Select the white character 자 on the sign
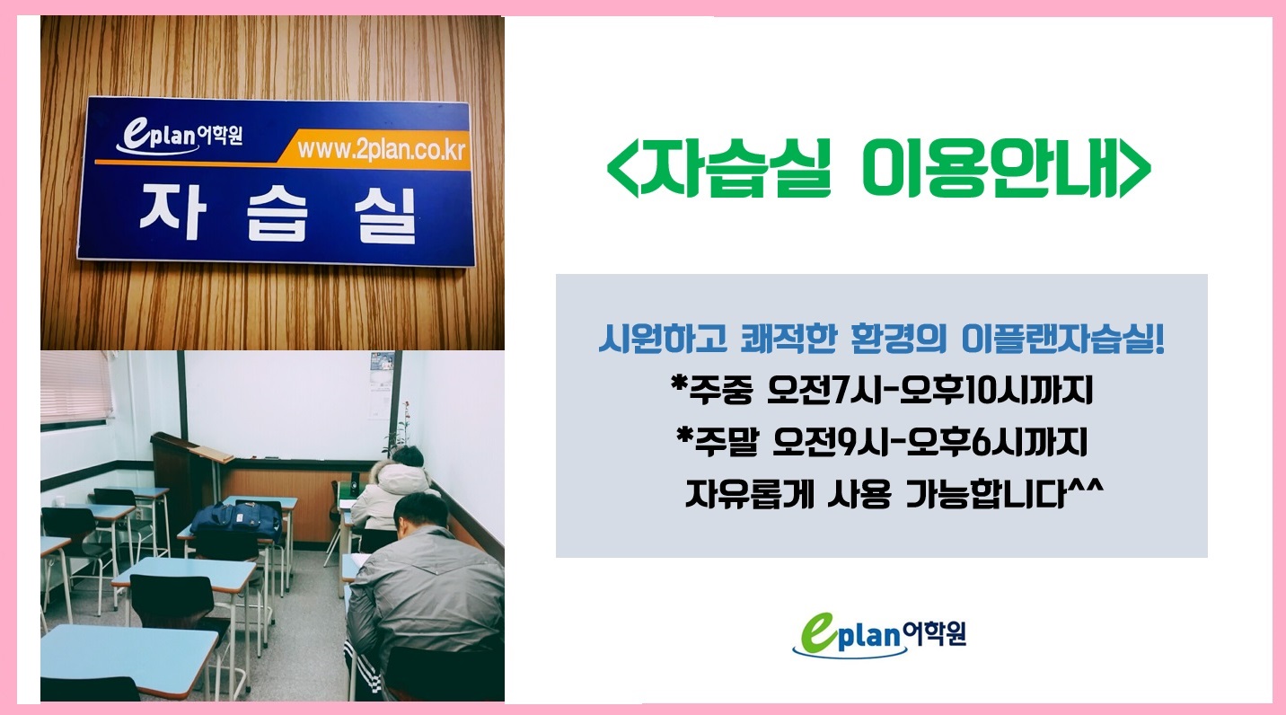172,211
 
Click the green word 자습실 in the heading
735,168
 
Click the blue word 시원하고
663,339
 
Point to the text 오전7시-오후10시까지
929,390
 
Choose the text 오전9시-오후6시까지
930,442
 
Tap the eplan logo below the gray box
879,633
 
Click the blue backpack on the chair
236,519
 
